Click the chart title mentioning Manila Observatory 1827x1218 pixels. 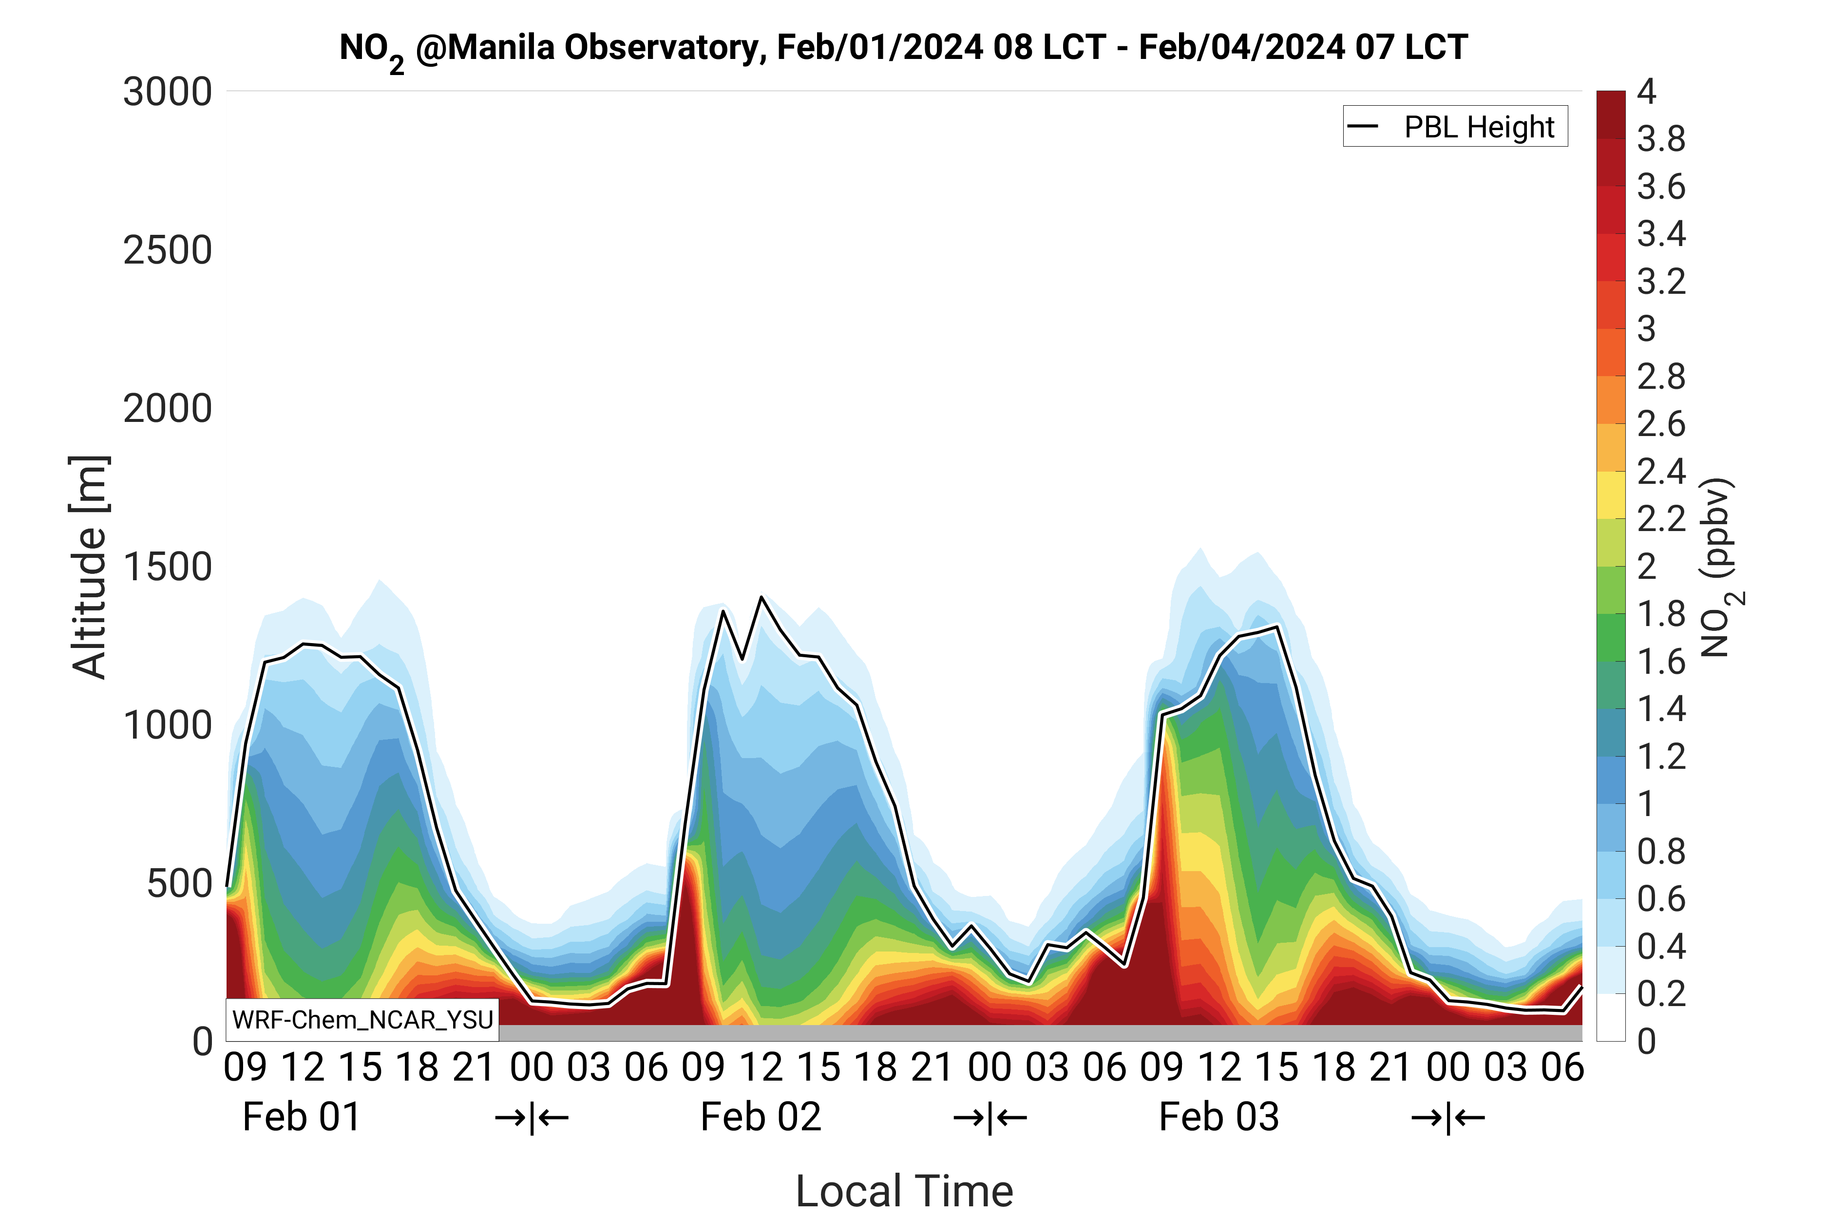click(x=903, y=48)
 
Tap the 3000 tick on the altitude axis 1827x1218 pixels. click(x=167, y=93)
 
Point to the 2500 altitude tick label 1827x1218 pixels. click(x=167, y=251)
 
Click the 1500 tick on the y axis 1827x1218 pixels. click(x=167, y=567)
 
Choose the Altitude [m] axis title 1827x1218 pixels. click(x=89, y=567)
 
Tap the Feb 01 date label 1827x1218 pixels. click(x=302, y=1117)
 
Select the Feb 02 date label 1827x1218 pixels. click(x=761, y=1117)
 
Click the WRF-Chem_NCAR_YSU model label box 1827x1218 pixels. click(x=362, y=1019)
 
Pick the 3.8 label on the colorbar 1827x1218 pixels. click(x=1661, y=140)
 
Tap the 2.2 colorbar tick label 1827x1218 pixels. click(x=1661, y=519)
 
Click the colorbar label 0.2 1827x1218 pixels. click(x=1661, y=993)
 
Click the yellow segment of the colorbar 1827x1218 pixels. click(x=1610, y=495)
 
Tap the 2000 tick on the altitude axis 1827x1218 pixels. click(x=167, y=409)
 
